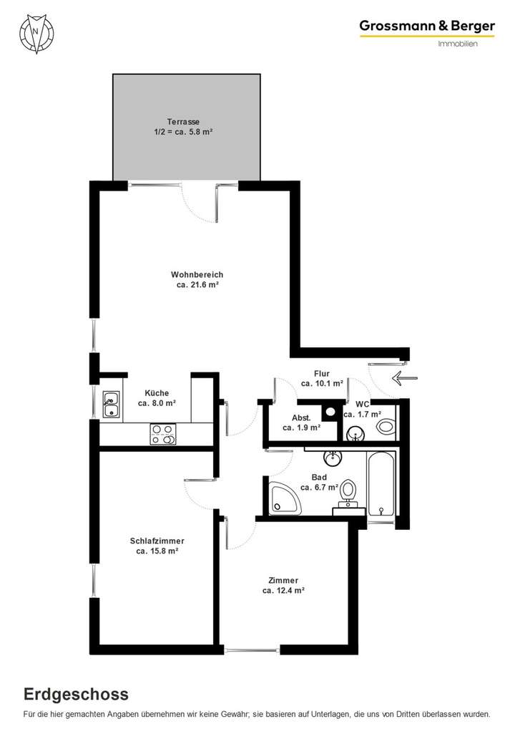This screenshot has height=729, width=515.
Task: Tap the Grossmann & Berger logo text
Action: coord(427,26)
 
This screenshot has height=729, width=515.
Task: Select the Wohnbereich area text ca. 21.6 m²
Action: coord(197,285)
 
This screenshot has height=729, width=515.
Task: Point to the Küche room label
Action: coord(157,392)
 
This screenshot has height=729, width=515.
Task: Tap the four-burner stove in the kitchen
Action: coord(163,434)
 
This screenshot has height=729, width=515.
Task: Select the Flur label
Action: coord(321,373)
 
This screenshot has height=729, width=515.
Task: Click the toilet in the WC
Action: coord(386,428)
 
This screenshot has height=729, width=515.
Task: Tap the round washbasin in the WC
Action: coord(355,433)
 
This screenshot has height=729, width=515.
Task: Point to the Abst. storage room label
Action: coord(300,417)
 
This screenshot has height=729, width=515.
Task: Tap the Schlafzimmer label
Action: coord(157,541)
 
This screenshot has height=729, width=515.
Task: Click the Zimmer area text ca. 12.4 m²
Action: coord(283,591)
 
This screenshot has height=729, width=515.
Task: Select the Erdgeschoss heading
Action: coord(76,694)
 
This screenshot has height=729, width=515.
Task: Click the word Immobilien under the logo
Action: coord(457,44)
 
